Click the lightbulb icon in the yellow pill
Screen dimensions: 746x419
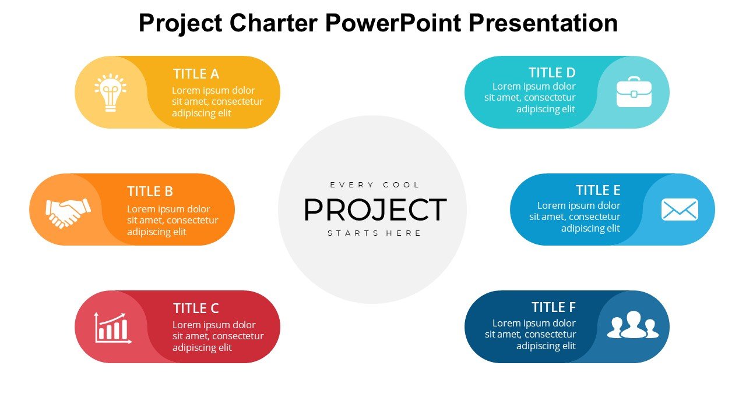110,93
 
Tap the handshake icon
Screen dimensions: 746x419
68,213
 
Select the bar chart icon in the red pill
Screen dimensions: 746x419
113,328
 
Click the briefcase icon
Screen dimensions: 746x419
634,92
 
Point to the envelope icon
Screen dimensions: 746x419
680,210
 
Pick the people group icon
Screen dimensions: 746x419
633,325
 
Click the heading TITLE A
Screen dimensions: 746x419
196,74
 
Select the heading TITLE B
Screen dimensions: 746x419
150,191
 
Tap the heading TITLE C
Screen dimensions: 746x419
196,308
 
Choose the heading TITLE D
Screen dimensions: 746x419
552,73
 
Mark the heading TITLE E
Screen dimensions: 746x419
598,190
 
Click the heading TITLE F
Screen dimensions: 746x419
554,307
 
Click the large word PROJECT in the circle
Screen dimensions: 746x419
375,210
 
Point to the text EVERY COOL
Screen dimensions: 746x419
375,185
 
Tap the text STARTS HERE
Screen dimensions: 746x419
375,233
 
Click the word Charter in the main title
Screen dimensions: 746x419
273,23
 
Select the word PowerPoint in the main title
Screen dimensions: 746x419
393,23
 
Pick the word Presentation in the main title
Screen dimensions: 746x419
543,23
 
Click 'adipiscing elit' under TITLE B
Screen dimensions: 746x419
157,232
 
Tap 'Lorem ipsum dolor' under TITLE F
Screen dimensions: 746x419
534,323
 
